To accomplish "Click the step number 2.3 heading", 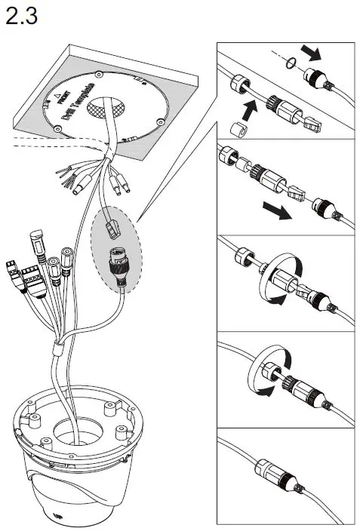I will pyautogui.click(x=21, y=17).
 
